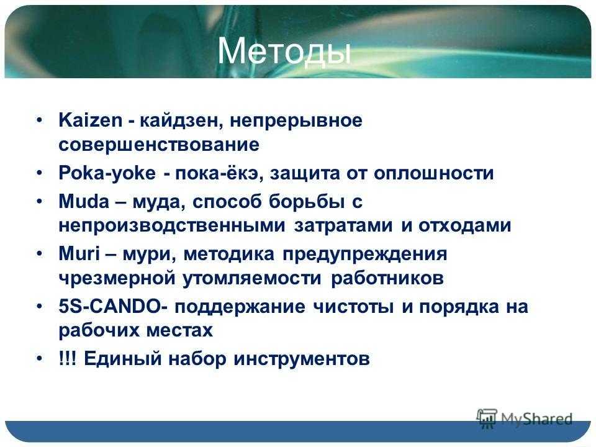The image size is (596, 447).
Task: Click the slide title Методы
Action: point(284,52)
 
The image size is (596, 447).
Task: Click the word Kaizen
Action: point(91,120)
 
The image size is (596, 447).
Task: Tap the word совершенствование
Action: point(159,145)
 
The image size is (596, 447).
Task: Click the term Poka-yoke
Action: point(107,174)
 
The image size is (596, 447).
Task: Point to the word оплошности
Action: point(434,174)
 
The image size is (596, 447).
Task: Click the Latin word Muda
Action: point(84,201)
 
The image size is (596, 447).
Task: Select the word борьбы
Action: point(307,201)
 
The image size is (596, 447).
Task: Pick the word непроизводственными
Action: point(172,226)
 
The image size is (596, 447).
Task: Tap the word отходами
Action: point(464,226)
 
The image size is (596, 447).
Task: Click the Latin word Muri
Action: point(79,253)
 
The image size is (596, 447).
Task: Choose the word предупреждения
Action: point(365,255)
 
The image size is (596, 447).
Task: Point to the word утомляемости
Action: point(252,279)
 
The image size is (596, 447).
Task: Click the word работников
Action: point(387,279)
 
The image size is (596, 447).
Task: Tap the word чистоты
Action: point(353,307)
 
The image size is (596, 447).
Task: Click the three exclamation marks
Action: point(68,358)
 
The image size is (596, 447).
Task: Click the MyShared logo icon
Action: point(487,418)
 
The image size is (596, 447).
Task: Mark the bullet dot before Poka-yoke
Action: point(40,173)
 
